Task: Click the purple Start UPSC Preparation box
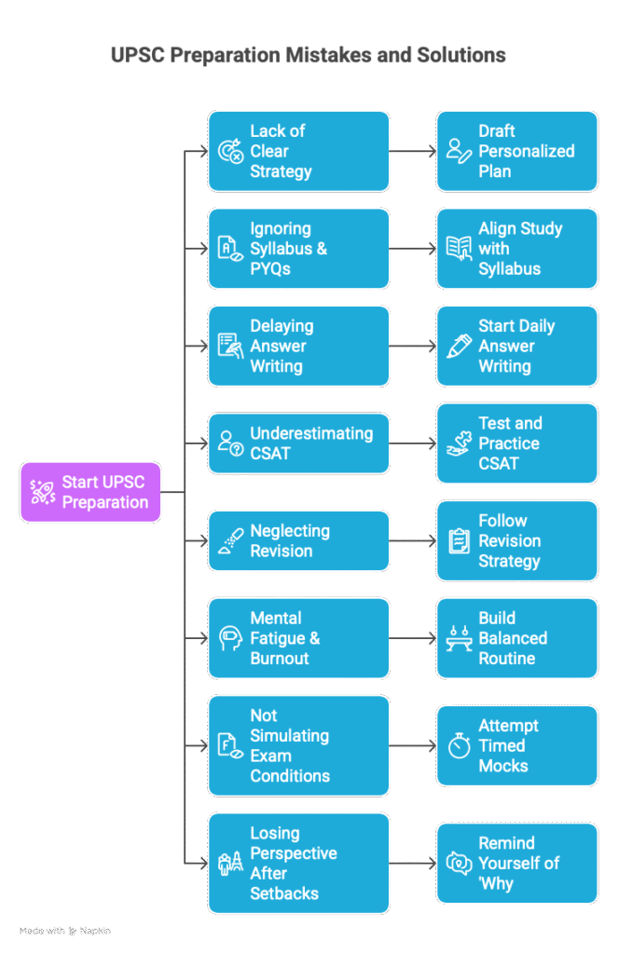(90, 492)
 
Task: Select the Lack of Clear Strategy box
(298, 151)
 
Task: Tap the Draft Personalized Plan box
(517, 151)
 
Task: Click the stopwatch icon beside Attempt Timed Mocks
(460, 745)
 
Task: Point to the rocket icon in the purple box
(43, 492)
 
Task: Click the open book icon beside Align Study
(460, 248)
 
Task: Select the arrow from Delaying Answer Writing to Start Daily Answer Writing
(413, 347)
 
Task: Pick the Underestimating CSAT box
(298, 443)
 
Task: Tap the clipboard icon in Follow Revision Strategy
(460, 541)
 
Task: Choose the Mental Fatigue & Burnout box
(298, 638)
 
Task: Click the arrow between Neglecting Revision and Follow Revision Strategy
(413, 541)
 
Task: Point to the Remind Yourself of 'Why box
(517, 863)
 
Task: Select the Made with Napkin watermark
(65, 931)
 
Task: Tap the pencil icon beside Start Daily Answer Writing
(460, 347)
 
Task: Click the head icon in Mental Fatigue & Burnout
(230, 638)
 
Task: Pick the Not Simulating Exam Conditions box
(298, 746)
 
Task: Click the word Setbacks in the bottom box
(284, 893)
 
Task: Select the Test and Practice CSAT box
(517, 443)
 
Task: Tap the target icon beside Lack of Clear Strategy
(230, 151)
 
